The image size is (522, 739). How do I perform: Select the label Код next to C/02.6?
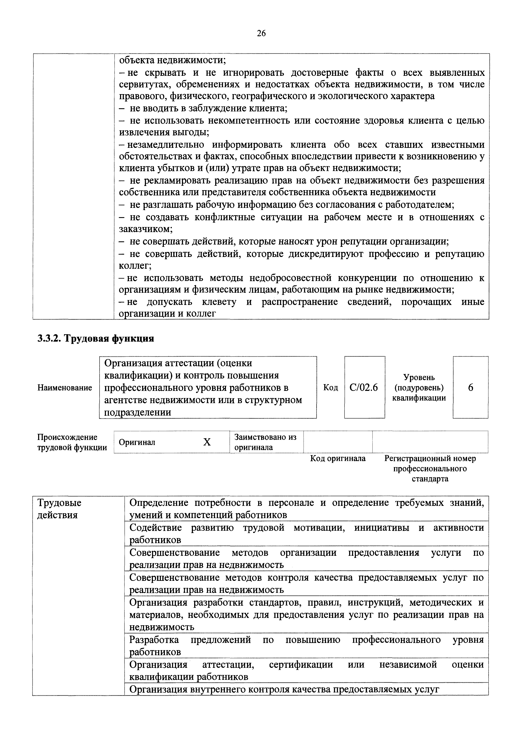331,388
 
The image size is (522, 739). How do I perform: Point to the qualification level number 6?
470,387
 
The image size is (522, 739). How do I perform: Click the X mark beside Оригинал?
207,442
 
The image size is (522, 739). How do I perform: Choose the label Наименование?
65,388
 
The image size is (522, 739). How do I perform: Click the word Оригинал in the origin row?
137,442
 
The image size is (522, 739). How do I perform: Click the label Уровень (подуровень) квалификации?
419,387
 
